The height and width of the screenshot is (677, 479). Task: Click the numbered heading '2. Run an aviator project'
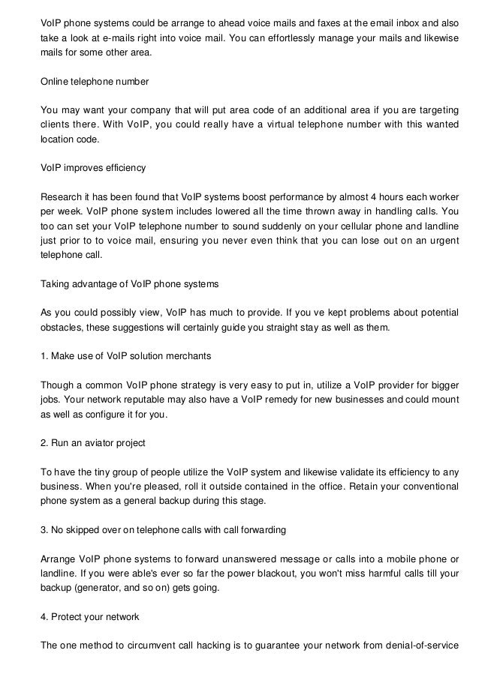[x=92, y=443]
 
